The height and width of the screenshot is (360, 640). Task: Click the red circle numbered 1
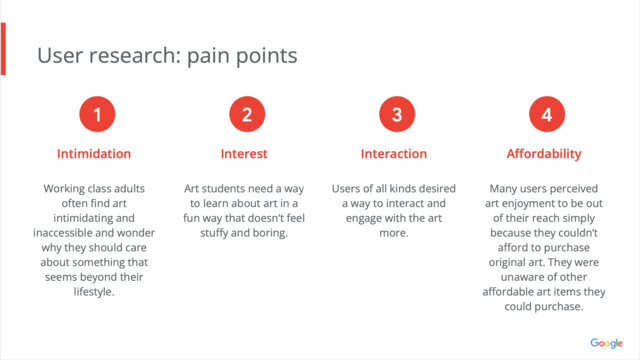[97, 114]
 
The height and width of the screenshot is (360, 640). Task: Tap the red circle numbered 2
[247, 114]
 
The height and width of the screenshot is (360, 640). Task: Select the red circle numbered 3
[397, 114]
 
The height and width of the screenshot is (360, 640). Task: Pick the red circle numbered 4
[547, 114]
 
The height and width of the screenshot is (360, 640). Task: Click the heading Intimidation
[94, 154]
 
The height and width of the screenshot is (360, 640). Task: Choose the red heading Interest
[244, 154]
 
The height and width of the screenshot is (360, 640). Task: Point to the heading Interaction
[394, 154]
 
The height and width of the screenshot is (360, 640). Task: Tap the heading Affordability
[544, 154]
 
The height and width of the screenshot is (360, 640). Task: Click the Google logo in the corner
[607, 343]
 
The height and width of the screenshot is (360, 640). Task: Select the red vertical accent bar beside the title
[3, 49]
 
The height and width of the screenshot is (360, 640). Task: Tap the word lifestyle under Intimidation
[94, 292]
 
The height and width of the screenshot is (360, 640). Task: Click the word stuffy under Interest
[214, 233]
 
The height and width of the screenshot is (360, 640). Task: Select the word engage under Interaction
[364, 219]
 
